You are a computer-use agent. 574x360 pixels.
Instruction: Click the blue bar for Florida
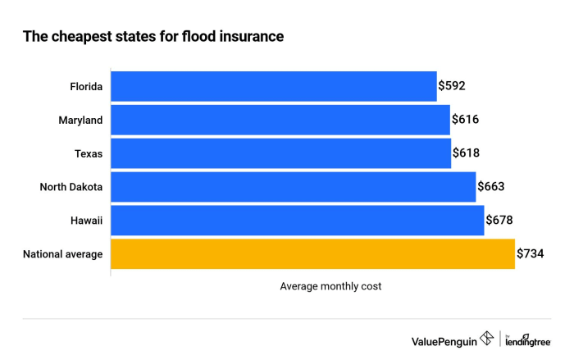[273, 86]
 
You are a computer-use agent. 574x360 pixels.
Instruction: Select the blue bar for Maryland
[280, 120]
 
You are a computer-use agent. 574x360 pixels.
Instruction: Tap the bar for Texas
[280, 153]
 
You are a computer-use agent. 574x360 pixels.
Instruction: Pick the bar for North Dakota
[293, 187]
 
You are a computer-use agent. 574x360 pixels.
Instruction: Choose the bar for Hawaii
[297, 221]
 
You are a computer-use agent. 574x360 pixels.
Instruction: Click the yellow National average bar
[312, 254]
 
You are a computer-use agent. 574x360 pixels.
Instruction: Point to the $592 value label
[452, 86]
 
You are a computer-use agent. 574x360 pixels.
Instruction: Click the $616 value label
[465, 120]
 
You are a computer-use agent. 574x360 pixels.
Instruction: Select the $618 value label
[466, 153]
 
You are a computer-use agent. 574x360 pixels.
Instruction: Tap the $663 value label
[490, 187]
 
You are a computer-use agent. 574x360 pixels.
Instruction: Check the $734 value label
[530, 254]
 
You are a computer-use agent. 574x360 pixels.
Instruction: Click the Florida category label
[86, 86]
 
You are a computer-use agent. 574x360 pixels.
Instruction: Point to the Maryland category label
[80, 120]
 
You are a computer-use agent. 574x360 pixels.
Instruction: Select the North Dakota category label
[71, 187]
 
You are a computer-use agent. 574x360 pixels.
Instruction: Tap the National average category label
[63, 254]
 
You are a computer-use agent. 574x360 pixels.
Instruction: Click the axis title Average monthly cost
[330, 286]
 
